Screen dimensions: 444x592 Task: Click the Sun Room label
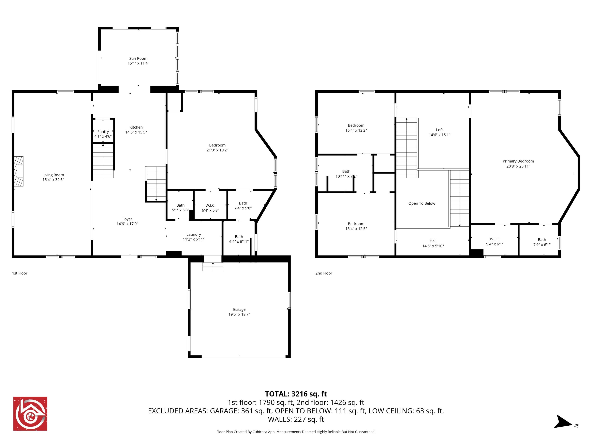coord(138,58)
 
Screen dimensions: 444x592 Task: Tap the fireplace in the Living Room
coord(19,171)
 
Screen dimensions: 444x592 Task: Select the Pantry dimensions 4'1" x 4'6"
coord(103,136)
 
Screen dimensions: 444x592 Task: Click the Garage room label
coord(239,309)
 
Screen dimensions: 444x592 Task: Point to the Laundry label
coord(194,234)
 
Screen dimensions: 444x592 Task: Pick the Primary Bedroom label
coord(518,161)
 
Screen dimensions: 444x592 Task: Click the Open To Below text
coord(422,203)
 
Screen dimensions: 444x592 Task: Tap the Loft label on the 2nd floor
coord(439,130)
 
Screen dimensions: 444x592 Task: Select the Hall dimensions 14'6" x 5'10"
coord(433,246)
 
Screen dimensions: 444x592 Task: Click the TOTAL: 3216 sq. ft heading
coord(296,394)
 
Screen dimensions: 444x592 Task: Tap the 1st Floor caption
coord(20,273)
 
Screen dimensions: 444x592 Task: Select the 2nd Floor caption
coord(324,273)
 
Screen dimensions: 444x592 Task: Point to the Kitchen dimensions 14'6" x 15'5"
coord(136,132)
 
